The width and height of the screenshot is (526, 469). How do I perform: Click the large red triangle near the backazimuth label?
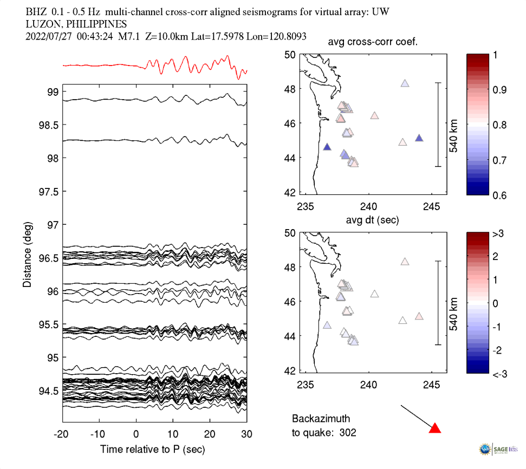(x=434, y=428)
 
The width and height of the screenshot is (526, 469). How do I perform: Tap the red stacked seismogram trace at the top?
(x=163, y=66)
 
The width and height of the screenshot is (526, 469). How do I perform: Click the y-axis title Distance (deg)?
(x=28, y=254)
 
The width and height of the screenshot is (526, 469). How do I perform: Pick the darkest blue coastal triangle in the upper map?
(x=327, y=147)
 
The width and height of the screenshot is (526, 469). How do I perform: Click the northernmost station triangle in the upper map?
(x=405, y=83)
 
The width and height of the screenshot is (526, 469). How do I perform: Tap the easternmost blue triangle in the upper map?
(x=419, y=138)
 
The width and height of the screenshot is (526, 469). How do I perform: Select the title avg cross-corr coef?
(x=373, y=43)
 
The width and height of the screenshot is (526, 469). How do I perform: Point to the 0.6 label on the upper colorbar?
(x=498, y=195)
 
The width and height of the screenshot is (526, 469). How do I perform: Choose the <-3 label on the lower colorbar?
(x=499, y=374)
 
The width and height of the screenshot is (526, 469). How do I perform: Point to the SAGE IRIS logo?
(x=497, y=448)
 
